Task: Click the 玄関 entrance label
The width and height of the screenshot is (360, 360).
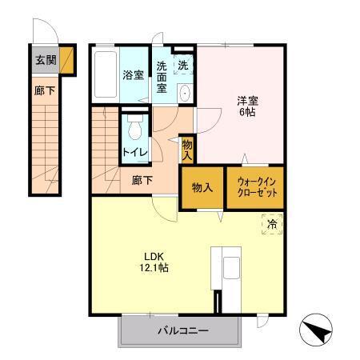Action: pos(45,59)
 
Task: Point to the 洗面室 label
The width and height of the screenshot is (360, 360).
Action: pos(162,78)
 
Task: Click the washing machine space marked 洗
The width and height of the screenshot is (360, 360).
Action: pos(183,65)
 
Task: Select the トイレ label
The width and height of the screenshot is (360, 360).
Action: pos(133,150)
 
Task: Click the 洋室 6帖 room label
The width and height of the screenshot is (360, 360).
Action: pos(246,107)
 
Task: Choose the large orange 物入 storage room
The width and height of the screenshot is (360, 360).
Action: pos(202,188)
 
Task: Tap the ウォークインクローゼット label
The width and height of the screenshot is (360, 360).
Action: pos(256,187)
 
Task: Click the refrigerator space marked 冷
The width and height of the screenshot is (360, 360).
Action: pos(271,225)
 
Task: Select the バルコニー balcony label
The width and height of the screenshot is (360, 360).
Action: pos(181,330)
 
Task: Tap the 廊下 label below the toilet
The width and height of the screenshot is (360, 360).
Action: pos(142,181)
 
